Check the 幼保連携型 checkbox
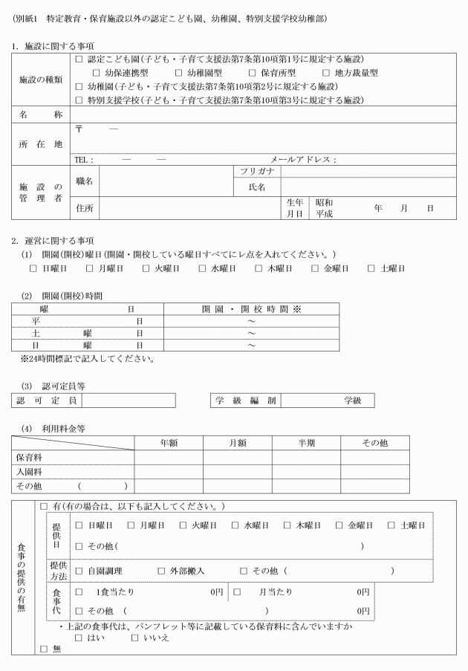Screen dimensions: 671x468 tap(97, 73)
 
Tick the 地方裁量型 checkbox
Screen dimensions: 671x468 tap(327, 73)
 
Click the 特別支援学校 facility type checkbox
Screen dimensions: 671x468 tap(79, 100)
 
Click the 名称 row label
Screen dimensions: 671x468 tap(41, 115)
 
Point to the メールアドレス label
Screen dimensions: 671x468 tap(303, 159)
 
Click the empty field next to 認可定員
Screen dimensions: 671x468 tap(129, 401)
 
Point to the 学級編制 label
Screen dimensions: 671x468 tap(246, 401)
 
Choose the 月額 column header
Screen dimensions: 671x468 tap(236, 443)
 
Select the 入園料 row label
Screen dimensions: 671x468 tap(29, 471)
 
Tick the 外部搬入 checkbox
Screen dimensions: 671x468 tap(161, 571)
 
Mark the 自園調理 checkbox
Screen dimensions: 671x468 tap(79, 571)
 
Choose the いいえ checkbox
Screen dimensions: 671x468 tap(135, 637)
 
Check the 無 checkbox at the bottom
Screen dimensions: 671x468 tap(43, 649)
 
